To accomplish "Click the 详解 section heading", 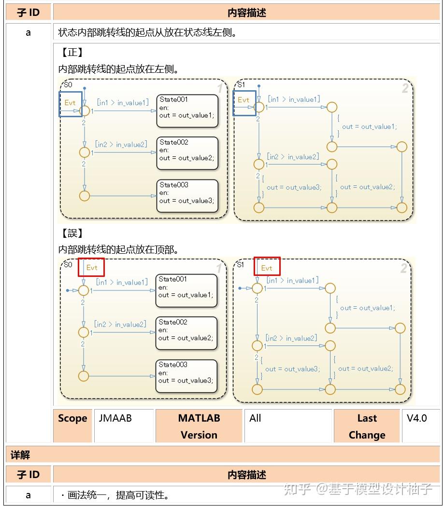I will click(20, 455).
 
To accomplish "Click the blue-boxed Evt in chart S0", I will click(70, 103).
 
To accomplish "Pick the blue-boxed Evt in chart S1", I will click(243, 100).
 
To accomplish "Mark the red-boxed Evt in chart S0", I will click(91, 267).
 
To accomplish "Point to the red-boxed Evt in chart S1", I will click(267, 268).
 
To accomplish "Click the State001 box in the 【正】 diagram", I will click(187, 111).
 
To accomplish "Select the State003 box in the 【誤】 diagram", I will click(186, 376).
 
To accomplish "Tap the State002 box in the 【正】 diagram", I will click(187, 153).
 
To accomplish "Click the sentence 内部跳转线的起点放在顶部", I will click(118, 250).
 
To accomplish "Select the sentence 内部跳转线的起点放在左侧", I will click(118, 69).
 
